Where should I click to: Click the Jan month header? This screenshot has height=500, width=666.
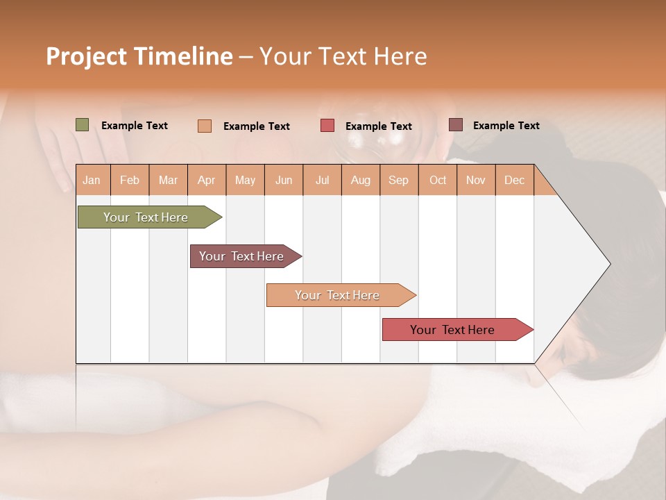[92, 180]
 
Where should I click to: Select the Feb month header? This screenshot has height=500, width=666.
[130, 180]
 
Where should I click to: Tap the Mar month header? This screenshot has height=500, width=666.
[168, 180]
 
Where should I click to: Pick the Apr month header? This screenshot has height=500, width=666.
[207, 180]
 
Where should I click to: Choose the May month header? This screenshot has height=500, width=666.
[245, 180]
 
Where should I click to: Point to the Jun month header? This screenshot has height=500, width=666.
[284, 180]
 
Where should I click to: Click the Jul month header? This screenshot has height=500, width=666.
[322, 180]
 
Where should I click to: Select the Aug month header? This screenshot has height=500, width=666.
[361, 180]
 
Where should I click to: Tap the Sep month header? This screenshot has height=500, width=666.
[399, 180]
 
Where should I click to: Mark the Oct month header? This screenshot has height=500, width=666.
[438, 180]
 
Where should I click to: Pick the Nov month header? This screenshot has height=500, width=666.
[476, 180]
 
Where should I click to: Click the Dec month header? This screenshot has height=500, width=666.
[515, 180]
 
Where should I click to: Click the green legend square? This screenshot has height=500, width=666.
[83, 125]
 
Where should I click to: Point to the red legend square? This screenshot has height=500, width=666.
[327, 126]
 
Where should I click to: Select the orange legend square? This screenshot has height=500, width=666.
[205, 126]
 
